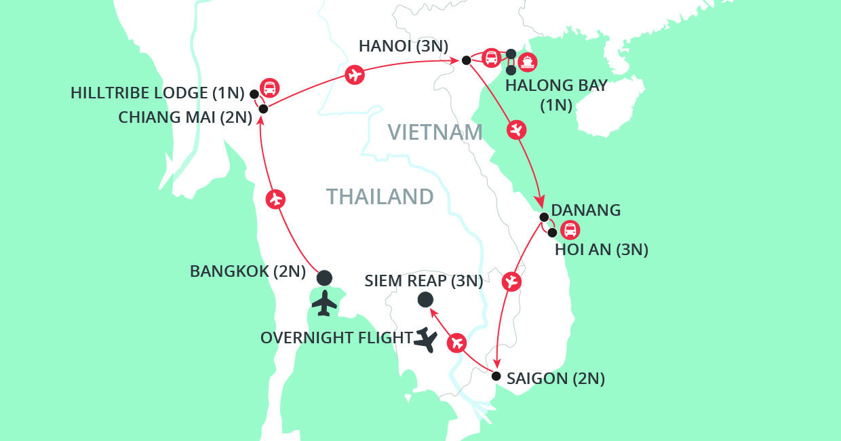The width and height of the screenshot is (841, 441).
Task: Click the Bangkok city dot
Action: tap(325, 277)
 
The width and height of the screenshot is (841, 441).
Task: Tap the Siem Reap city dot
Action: tap(425, 299)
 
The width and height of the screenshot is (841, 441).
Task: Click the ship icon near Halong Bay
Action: tap(528, 62)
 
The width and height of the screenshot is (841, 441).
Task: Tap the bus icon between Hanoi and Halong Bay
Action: tap(492, 58)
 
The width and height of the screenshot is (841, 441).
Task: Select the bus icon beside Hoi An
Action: tap(570, 231)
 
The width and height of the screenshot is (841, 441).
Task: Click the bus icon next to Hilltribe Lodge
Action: tap(270, 88)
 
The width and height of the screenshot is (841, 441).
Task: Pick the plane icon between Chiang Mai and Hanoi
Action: tap(353, 75)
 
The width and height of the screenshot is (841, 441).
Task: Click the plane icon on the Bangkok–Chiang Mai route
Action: tap(275, 199)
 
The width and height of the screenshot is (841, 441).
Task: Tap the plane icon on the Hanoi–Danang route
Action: tap(517, 129)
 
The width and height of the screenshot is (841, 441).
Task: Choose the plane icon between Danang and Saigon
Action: tap(512, 280)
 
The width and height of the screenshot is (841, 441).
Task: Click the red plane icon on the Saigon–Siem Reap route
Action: tap(456, 343)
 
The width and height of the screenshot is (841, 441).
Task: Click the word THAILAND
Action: tap(380, 197)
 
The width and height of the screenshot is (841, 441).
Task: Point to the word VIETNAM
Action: tap(435, 132)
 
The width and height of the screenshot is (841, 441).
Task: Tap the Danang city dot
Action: tap(544, 217)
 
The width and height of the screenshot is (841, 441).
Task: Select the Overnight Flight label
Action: tap(336, 337)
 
